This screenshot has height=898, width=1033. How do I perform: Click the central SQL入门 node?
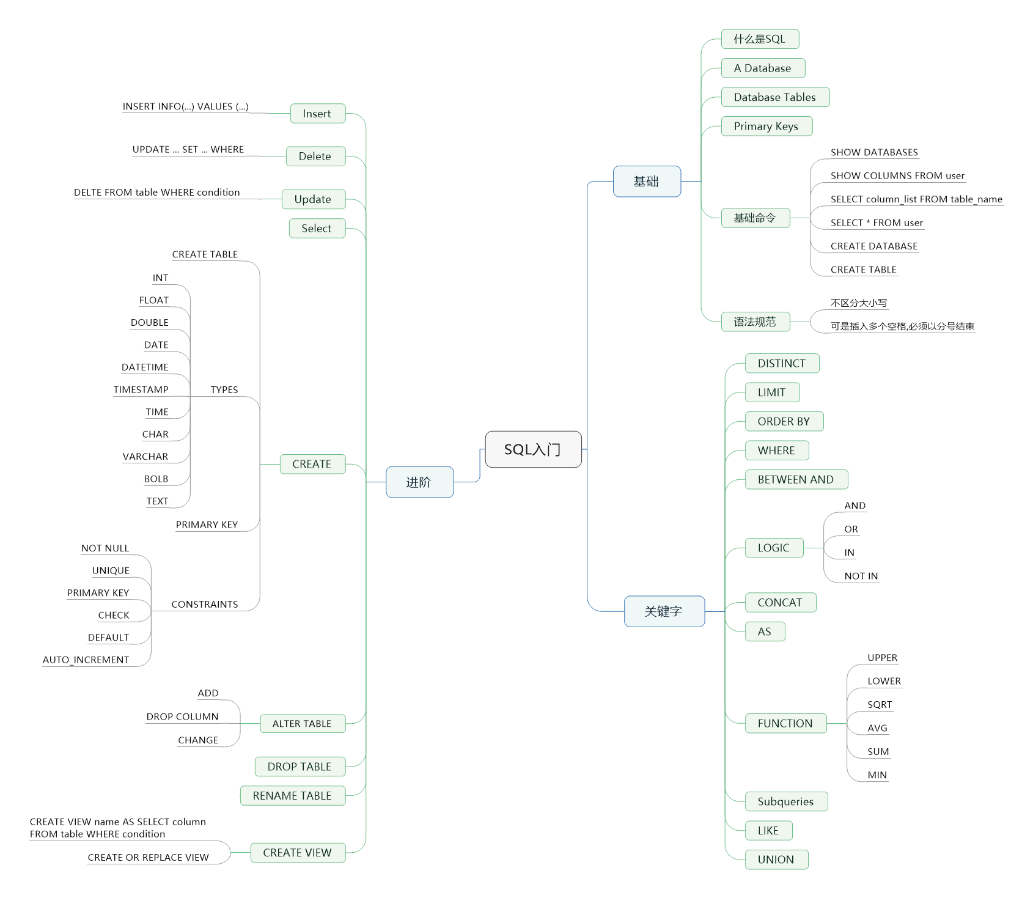coord(533,449)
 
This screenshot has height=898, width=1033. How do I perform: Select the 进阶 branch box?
coord(419,482)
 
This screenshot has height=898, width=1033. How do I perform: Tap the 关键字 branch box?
coord(664,611)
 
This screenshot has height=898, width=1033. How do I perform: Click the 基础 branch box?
coord(647,182)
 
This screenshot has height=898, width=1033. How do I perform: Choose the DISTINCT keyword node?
coord(782,364)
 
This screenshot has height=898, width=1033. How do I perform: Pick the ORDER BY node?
coord(784,422)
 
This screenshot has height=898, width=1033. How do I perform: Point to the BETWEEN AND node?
coord(796,480)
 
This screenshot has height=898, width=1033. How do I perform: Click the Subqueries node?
coord(786,801)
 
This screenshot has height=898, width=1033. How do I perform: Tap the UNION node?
coord(776,859)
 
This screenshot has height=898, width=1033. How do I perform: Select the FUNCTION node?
coord(785,724)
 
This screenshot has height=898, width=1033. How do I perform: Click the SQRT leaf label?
coord(880,705)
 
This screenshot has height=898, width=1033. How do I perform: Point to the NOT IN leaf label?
coord(861,576)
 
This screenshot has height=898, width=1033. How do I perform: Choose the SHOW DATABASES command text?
coord(874,152)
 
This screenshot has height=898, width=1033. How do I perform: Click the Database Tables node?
coord(775,97)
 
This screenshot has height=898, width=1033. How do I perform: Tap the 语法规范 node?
coord(755,322)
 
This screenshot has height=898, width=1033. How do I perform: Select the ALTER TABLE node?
coord(302,724)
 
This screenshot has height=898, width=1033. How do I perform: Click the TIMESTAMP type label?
coord(141,390)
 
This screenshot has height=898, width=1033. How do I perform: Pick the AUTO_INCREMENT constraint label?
coord(86,660)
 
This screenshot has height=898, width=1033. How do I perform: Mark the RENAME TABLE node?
coord(292,796)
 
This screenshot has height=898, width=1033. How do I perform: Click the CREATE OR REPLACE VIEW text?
coord(149,858)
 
